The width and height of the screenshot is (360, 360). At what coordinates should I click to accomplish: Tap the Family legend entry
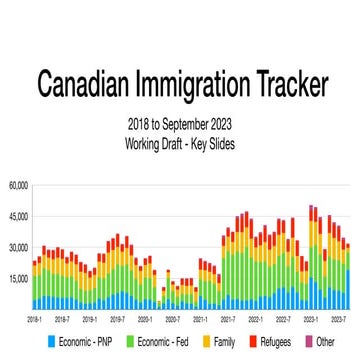pos(221,341)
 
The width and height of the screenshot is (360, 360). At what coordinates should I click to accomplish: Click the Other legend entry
pos(321,341)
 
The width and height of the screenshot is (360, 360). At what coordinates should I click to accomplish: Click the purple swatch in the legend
pos(309,341)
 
